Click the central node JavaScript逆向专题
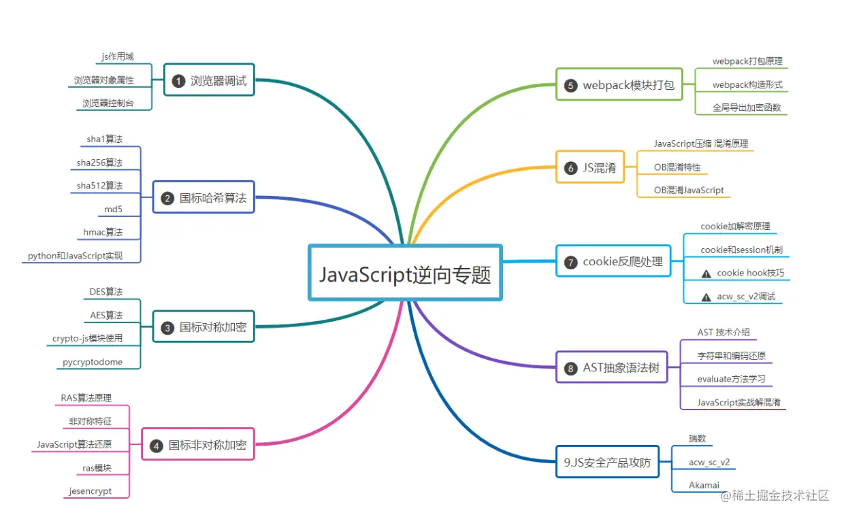coord(405,273)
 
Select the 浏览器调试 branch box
coord(210,81)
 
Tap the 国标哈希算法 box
coord(204,198)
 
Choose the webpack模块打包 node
coord(619,85)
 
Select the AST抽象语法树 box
coord(612,367)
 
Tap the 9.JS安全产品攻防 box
coord(607,463)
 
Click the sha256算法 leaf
coord(99,163)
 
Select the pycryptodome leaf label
coord(93,362)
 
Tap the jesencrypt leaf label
coord(90,490)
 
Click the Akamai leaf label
coord(704,485)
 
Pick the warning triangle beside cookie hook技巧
coord(706,273)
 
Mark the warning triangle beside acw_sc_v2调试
coord(706,297)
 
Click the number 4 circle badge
coord(156,446)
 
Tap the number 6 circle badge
coord(570,168)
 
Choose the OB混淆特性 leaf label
coord(677,167)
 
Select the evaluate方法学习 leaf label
coord(731,379)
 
